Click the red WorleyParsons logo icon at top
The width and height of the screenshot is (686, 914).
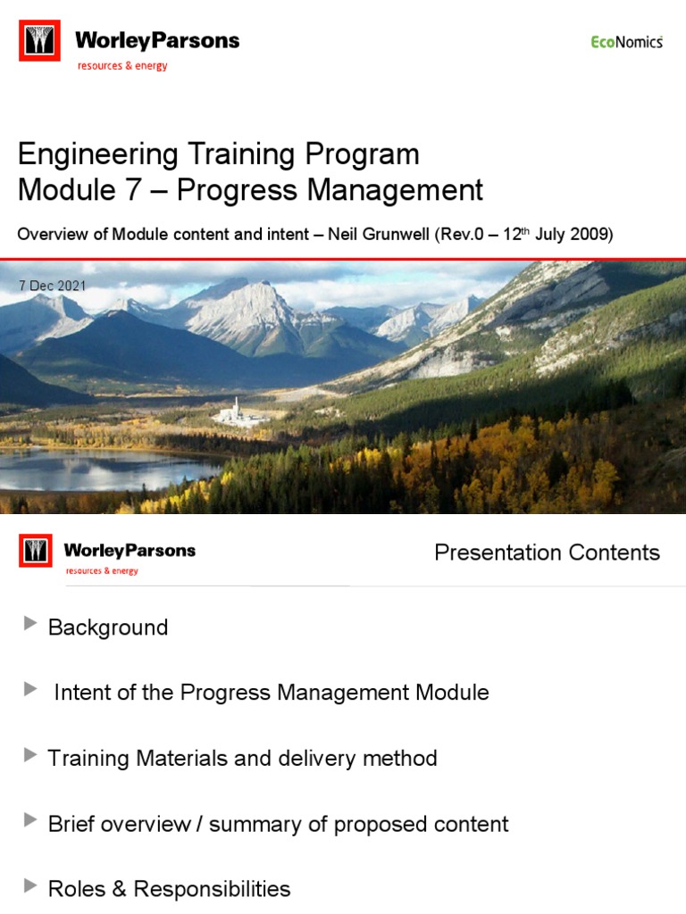point(39,41)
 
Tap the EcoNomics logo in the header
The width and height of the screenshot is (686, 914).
point(627,41)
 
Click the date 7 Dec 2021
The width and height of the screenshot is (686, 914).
point(52,285)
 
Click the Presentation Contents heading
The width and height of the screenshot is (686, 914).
point(547,553)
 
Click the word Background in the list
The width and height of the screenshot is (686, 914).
point(108,627)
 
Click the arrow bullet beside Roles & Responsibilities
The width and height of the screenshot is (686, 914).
point(31,885)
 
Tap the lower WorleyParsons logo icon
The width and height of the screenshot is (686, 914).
point(37,552)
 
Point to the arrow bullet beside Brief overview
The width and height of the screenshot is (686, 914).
point(31,819)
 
